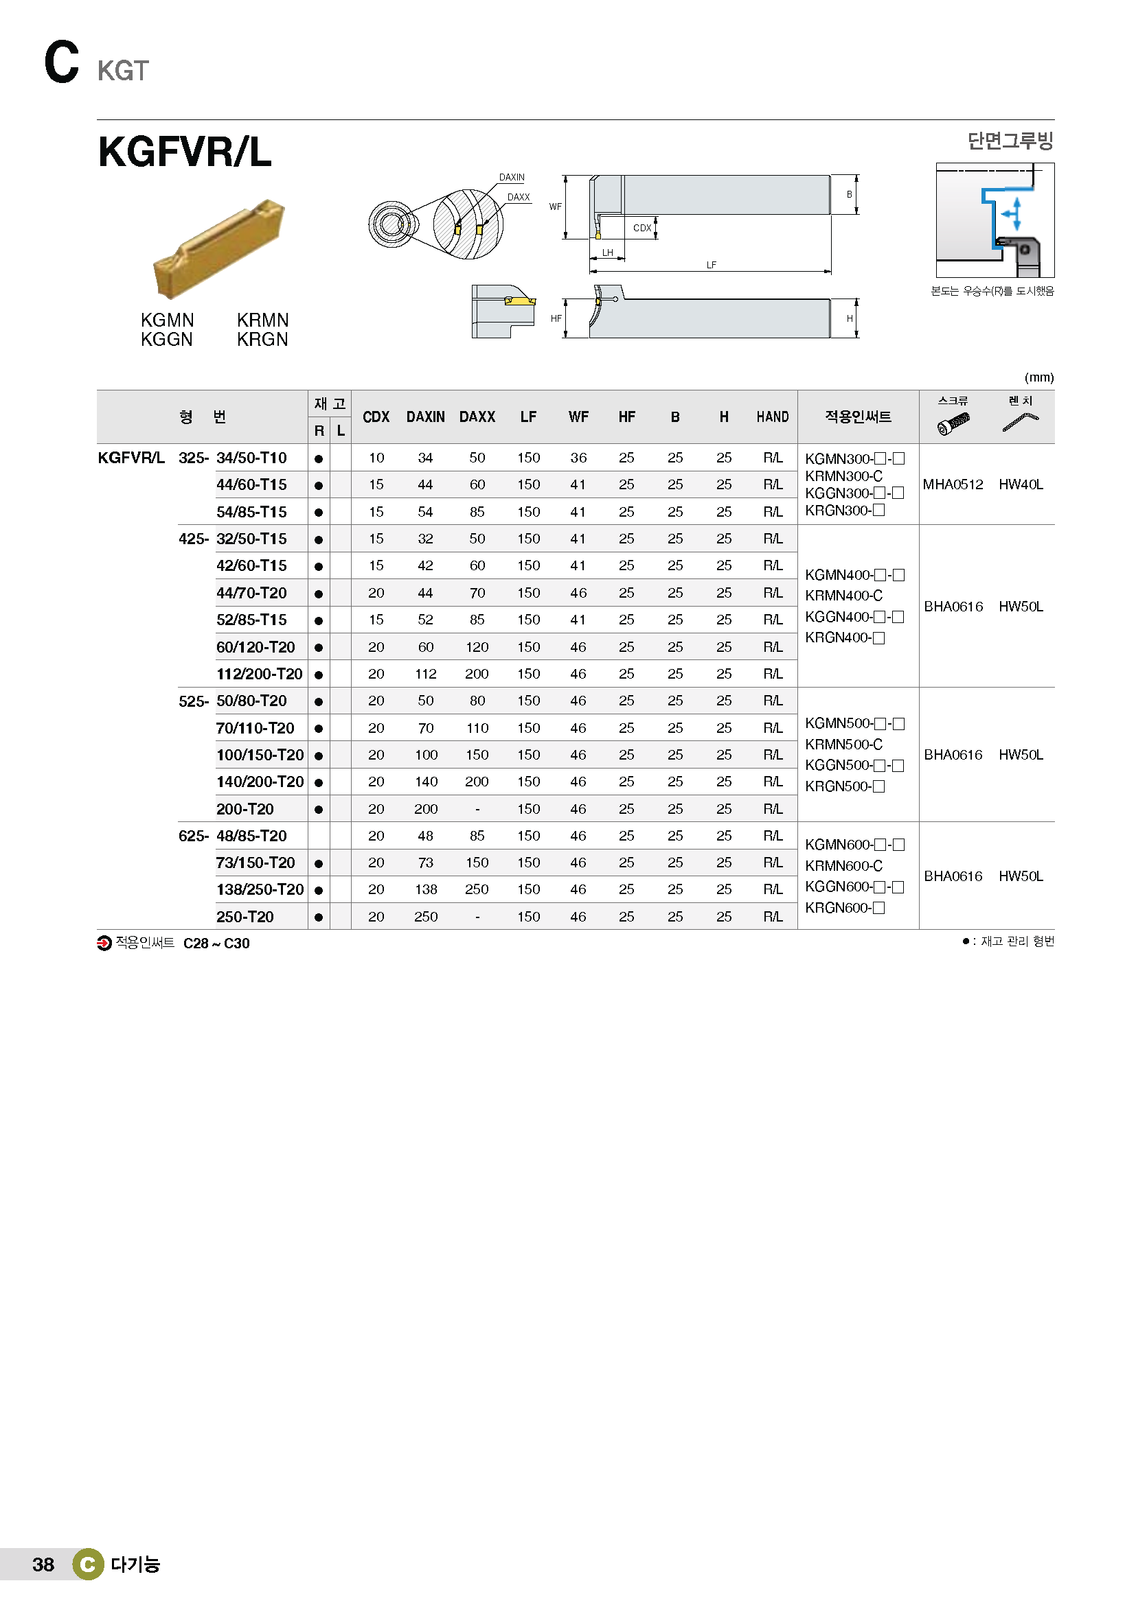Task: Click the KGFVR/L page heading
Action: [x=185, y=152]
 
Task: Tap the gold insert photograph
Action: [x=219, y=248]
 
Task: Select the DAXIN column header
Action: [x=425, y=417]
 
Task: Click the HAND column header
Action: [x=772, y=417]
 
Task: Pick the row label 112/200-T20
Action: [x=259, y=674]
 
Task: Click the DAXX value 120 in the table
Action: [x=477, y=647]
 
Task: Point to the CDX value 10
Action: [x=376, y=458]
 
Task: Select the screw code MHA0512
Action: [x=953, y=484]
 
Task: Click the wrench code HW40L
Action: [x=1021, y=484]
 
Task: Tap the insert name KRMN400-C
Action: [x=843, y=596]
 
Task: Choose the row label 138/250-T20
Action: [x=260, y=889]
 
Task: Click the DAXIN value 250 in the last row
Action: [x=425, y=917]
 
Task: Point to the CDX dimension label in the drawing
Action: [x=641, y=228]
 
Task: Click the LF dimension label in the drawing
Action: [x=711, y=265]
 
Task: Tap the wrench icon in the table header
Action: [x=1021, y=422]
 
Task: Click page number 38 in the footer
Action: [x=43, y=1565]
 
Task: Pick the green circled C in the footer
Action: [x=88, y=1565]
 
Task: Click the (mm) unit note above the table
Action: [x=1038, y=377]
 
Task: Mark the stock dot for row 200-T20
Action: [x=318, y=810]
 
